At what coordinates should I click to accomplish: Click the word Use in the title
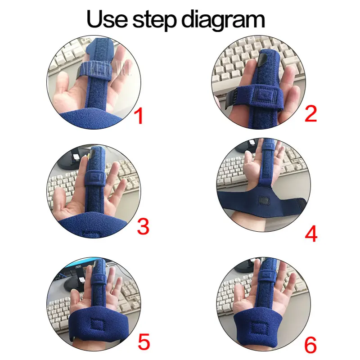pos(107,19)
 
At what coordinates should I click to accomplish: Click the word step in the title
pos(154,21)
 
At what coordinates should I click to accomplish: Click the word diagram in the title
pos(223,21)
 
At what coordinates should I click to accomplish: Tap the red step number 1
pos(139,116)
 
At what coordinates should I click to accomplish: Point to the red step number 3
pos(143,226)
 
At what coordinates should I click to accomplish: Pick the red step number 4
pos(311,234)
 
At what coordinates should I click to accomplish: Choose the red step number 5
pos(144,342)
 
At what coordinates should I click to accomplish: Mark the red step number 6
pos(310,345)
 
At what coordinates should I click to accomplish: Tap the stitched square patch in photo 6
pos(260,329)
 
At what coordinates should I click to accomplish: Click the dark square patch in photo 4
pos(265,200)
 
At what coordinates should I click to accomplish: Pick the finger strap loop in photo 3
pos(95,177)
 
